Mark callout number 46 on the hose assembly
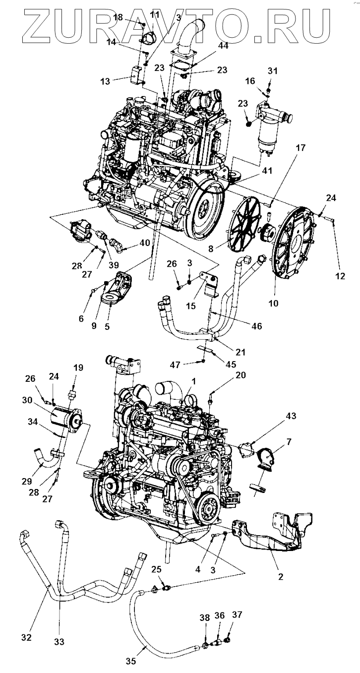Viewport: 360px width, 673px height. tap(256, 326)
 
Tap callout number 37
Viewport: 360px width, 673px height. tap(237, 615)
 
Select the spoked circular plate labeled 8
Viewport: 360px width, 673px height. tap(247, 223)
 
